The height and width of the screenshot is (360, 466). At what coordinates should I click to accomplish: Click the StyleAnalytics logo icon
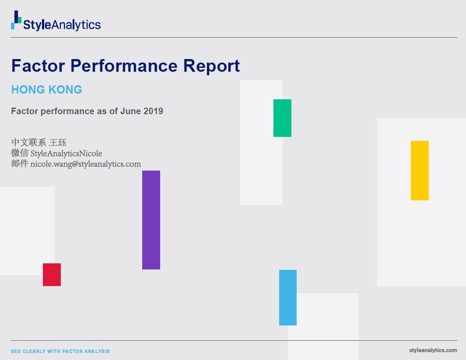click(16, 20)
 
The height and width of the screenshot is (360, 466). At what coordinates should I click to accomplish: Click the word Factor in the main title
click(38, 66)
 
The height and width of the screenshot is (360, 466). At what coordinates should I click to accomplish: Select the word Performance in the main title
click(124, 66)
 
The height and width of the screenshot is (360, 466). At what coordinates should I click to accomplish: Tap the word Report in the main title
click(211, 66)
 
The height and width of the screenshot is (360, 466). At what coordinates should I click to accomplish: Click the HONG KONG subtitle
click(46, 90)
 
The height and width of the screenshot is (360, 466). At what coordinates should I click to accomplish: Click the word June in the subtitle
click(130, 111)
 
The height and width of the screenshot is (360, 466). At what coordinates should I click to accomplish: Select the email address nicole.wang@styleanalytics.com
click(86, 164)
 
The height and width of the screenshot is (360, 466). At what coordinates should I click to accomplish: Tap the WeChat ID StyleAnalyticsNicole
click(66, 153)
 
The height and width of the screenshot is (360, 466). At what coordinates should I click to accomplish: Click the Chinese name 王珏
click(58, 142)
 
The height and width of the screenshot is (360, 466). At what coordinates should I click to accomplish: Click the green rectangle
click(282, 118)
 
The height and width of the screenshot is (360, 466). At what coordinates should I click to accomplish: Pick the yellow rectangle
click(420, 171)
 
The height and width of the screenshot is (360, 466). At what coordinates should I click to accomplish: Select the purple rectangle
click(151, 220)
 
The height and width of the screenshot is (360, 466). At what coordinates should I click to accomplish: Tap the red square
click(52, 275)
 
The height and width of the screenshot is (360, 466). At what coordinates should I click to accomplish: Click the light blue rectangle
click(288, 297)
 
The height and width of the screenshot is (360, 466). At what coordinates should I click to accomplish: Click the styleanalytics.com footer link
click(433, 350)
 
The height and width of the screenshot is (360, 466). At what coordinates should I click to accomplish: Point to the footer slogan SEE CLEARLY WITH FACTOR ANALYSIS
click(60, 351)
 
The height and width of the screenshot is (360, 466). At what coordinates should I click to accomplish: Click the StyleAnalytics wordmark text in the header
click(62, 25)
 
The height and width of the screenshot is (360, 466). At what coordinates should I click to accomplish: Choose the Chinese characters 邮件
click(20, 164)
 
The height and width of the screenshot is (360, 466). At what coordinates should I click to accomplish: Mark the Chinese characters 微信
click(20, 153)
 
